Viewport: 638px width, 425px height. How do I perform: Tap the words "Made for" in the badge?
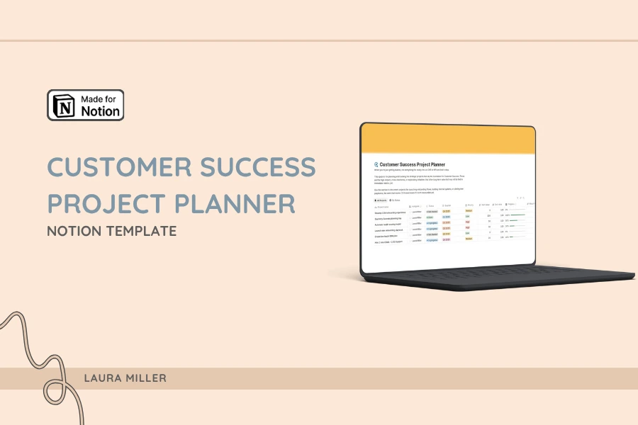tap(101, 98)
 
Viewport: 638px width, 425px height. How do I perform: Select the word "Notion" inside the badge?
tap(101, 111)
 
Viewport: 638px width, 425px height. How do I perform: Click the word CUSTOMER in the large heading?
tap(118, 168)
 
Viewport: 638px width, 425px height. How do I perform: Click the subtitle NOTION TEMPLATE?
tap(111, 231)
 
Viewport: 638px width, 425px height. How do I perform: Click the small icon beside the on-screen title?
tap(376, 164)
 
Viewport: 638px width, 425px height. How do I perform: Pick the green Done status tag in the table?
tap(430, 217)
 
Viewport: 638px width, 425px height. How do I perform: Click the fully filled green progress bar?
tap(516, 216)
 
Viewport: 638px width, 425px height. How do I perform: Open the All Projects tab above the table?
tap(379, 200)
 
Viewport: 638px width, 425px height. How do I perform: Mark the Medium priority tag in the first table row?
tap(469, 210)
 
